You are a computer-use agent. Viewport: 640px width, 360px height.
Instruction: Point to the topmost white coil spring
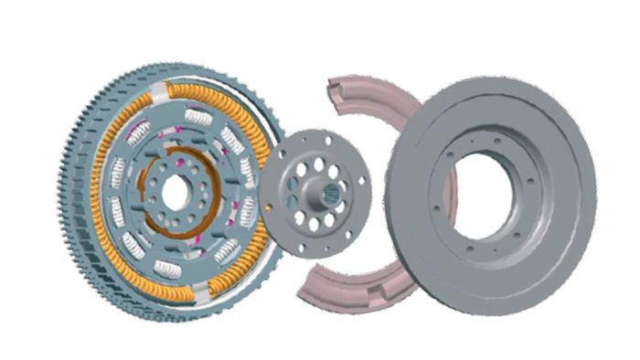(x=197, y=116)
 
